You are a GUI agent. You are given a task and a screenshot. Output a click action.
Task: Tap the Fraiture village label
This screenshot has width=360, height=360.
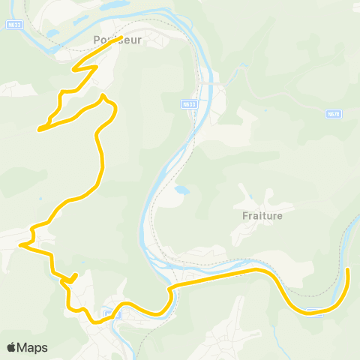point(262,216)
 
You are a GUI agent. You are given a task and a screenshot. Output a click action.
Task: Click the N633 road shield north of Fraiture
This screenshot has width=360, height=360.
point(188,105)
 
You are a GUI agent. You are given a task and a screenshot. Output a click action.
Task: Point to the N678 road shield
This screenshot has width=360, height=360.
point(334,113)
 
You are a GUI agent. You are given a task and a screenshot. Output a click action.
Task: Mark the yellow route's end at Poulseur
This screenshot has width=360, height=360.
point(121,37)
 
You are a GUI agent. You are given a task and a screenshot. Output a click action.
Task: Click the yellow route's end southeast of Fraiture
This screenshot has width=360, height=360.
point(348,268)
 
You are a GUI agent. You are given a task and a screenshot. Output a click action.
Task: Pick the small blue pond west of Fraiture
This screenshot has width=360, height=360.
point(181,190)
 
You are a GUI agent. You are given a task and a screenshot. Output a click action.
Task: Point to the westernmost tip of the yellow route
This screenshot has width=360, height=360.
point(22,244)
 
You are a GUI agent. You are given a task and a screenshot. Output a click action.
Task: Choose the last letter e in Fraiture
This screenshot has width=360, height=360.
point(280,216)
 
